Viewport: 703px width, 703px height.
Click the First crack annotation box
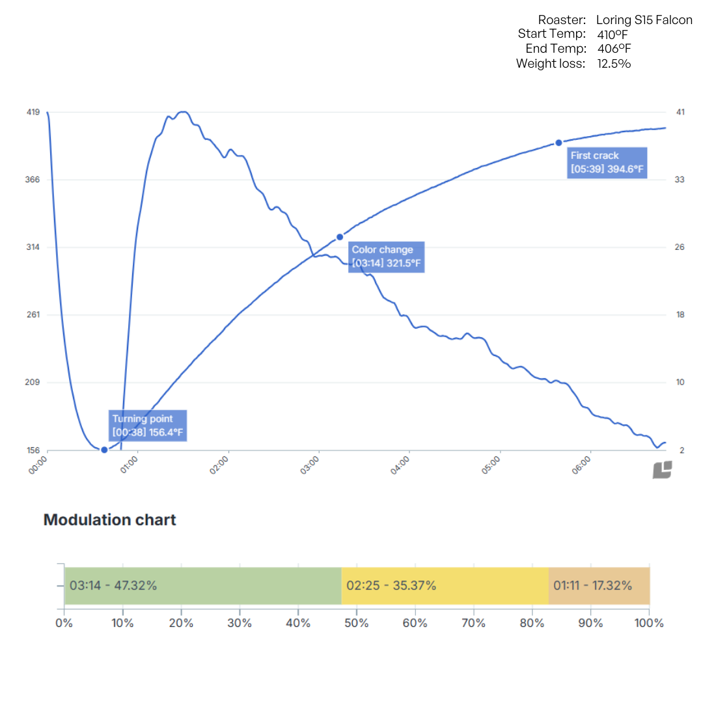click(x=607, y=163)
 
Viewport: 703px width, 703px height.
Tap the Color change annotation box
click(x=386, y=256)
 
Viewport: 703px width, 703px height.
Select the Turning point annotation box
click(x=148, y=425)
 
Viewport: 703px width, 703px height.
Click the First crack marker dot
click(x=558, y=143)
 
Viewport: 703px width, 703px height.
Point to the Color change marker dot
click(x=339, y=237)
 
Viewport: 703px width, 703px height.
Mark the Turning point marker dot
click(x=104, y=450)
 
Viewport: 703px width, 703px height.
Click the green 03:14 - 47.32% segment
click(x=203, y=585)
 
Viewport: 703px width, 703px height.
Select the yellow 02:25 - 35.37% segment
click(x=445, y=585)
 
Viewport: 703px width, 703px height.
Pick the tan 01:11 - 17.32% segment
click(x=600, y=585)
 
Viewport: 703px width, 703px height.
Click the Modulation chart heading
click(x=109, y=519)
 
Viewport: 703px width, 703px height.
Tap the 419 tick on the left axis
click(x=33, y=112)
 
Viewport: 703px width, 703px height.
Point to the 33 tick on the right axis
click(x=680, y=180)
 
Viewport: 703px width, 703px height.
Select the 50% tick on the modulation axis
click(x=357, y=623)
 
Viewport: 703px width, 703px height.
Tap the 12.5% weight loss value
click(x=614, y=63)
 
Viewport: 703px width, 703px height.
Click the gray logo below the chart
click(x=662, y=470)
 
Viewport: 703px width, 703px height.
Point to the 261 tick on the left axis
click(x=33, y=315)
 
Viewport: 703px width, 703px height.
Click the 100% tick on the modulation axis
click(x=650, y=623)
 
